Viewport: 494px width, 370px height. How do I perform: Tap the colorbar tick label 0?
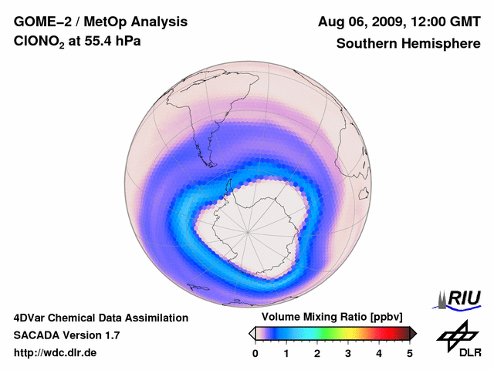tap(255, 353)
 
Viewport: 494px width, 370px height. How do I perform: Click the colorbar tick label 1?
tap(286, 353)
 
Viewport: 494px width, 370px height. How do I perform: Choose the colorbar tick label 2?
tap(317, 353)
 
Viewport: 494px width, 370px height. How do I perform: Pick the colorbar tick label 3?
tap(348, 353)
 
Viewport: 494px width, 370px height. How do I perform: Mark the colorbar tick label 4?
tap(379, 353)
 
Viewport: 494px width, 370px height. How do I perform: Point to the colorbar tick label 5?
tap(410, 353)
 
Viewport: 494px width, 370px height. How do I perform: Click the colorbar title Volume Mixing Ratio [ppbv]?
tap(328, 318)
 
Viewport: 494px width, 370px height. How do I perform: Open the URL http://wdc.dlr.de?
tap(56, 353)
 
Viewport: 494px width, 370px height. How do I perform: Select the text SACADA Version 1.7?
tap(66, 335)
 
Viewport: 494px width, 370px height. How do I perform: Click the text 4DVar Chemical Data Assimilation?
tap(100, 318)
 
